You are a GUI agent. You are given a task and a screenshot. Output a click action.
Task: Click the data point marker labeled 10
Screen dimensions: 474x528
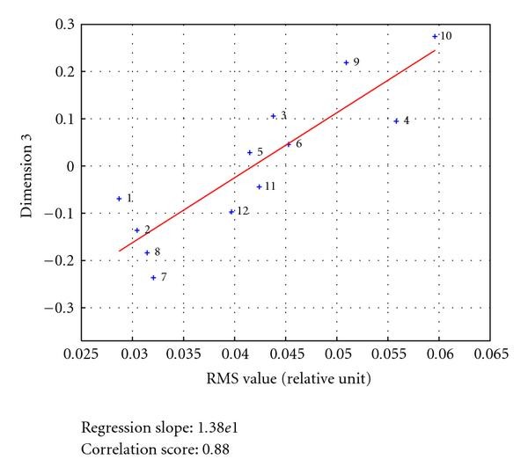435,36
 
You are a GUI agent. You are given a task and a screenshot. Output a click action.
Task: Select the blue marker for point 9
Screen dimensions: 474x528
346,62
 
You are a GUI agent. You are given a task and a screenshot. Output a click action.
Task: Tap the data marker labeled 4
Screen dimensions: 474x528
396,121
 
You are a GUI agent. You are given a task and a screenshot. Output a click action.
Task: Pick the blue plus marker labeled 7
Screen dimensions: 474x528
153,278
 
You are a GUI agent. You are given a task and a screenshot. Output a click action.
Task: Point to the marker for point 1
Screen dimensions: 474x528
119,199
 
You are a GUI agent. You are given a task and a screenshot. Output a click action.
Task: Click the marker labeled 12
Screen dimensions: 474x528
231,212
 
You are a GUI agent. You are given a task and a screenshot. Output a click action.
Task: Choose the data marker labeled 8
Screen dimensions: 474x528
147,253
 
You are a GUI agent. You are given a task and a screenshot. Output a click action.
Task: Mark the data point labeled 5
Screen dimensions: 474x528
250,153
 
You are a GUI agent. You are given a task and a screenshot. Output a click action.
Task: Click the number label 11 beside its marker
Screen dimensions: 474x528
270,186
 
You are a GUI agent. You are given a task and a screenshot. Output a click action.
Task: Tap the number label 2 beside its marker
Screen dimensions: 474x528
147,230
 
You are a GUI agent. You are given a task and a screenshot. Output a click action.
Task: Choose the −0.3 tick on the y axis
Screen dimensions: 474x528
60,308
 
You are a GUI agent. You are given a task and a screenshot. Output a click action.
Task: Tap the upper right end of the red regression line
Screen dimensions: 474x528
436,50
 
